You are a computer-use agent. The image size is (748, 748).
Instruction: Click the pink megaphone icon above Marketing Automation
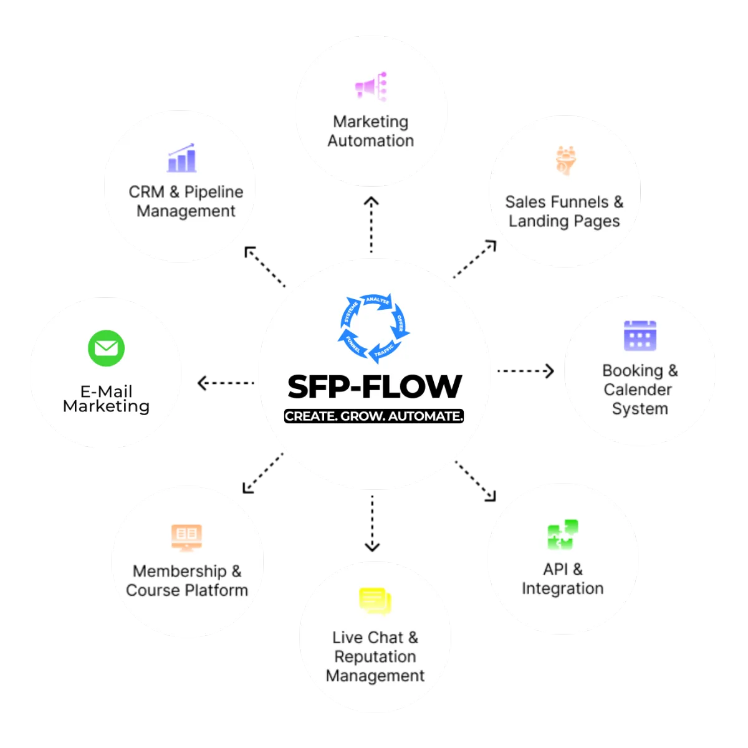372,87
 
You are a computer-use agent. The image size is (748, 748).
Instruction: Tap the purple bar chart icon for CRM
181,159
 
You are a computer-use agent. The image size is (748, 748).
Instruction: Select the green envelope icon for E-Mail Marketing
107,348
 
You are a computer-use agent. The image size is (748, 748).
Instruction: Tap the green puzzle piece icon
562,535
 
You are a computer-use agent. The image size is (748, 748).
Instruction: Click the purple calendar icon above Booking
640,336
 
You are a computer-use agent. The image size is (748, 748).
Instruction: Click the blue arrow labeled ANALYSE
378,302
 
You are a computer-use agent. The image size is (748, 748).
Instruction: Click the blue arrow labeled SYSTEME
350,314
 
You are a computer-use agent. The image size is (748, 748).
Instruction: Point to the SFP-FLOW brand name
375,386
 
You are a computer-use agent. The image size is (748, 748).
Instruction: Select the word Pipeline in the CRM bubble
214,192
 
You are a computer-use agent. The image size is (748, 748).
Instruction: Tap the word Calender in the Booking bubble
638,390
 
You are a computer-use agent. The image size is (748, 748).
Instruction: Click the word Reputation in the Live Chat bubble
375,656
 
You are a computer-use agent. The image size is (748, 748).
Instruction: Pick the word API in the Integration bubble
555,569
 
